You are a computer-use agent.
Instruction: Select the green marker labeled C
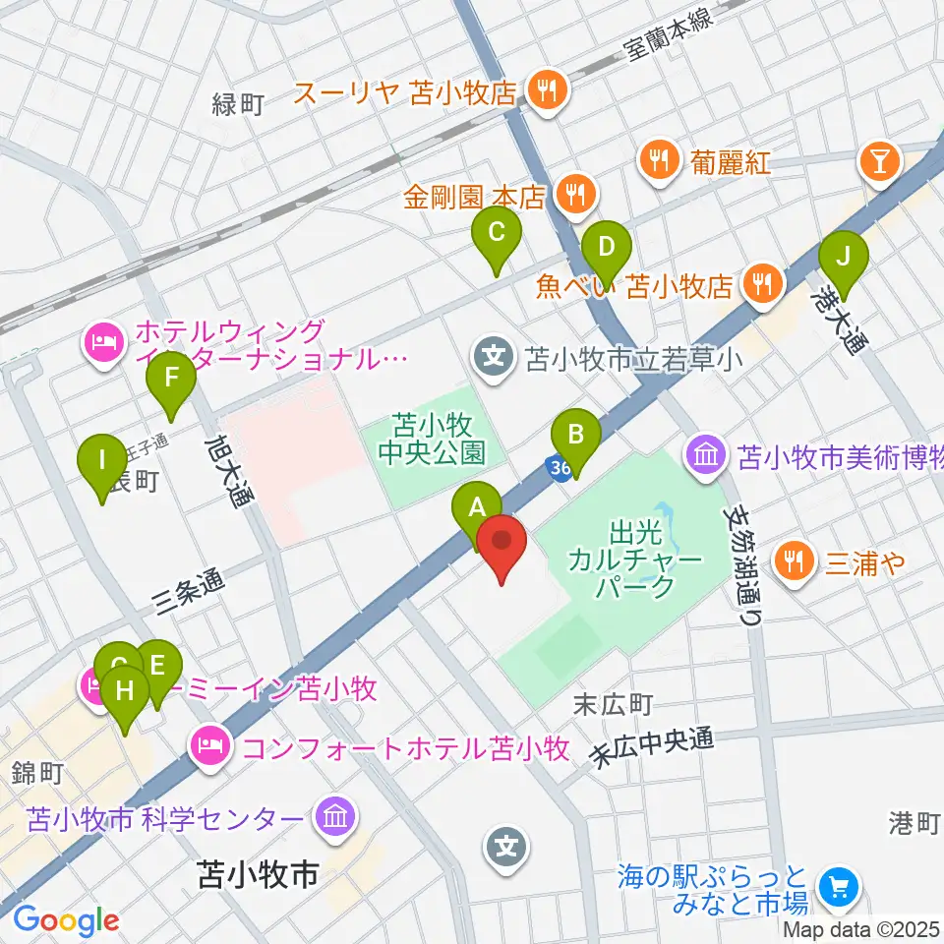pyautogui.click(x=497, y=234)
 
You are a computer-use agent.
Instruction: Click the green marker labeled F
pyautogui.click(x=171, y=379)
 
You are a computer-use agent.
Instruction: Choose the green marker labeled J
pyautogui.click(x=843, y=259)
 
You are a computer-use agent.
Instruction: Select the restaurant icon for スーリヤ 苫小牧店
pyautogui.click(x=544, y=92)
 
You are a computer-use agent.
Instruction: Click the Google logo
pyautogui.click(x=66, y=920)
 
